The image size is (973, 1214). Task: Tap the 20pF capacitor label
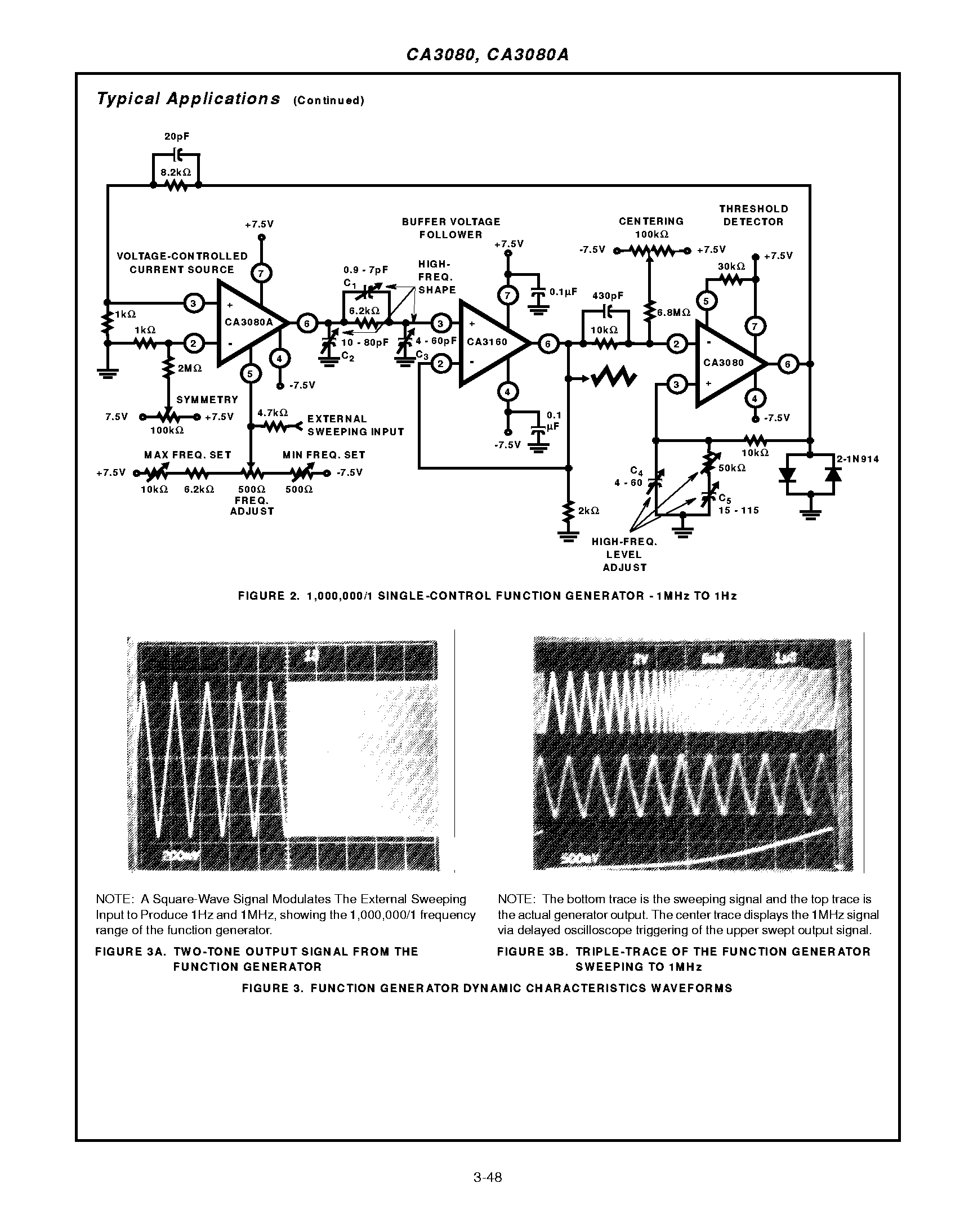(x=176, y=137)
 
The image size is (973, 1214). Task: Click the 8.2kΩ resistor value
(x=176, y=173)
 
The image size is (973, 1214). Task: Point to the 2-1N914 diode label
(x=858, y=459)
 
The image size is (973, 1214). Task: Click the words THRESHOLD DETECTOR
(x=753, y=216)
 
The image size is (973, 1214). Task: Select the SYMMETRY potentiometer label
(x=207, y=400)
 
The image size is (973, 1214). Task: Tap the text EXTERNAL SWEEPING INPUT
(x=355, y=425)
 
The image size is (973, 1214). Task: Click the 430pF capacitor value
(x=608, y=296)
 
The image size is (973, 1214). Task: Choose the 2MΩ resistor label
(x=190, y=368)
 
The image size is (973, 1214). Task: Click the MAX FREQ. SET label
(x=188, y=455)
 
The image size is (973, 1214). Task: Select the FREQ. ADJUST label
(x=252, y=506)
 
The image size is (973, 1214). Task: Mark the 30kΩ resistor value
(x=731, y=266)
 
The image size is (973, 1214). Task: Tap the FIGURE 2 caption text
(x=487, y=596)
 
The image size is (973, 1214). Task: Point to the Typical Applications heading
(x=188, y=99)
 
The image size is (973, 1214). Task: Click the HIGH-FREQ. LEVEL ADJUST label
(x=624, y=555)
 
